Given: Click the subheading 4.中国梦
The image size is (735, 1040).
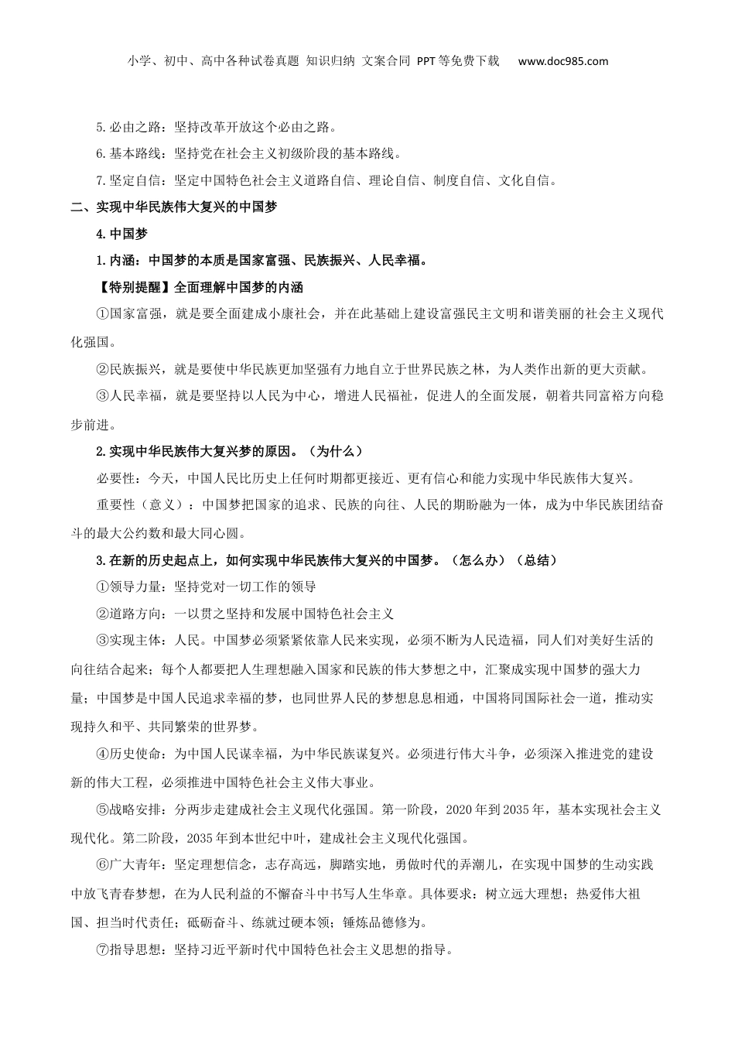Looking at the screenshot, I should pos(121,234).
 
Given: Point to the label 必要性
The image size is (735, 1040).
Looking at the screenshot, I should pos(115,477).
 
